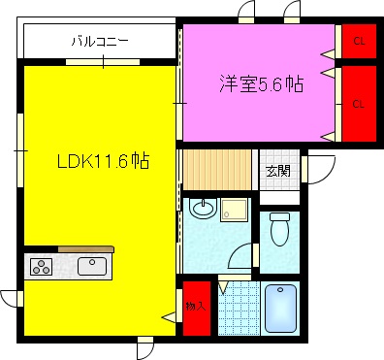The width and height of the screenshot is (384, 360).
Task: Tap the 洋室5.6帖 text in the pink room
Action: click(260, 84)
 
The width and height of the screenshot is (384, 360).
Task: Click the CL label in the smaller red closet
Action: click(358, 41)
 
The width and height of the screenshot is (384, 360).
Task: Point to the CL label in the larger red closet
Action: click(358, 103)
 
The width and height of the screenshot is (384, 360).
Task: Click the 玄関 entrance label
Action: click(278, 171)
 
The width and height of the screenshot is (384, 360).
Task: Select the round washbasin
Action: click(203, 208)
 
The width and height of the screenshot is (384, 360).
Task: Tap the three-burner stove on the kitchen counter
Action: click(42, 267)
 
